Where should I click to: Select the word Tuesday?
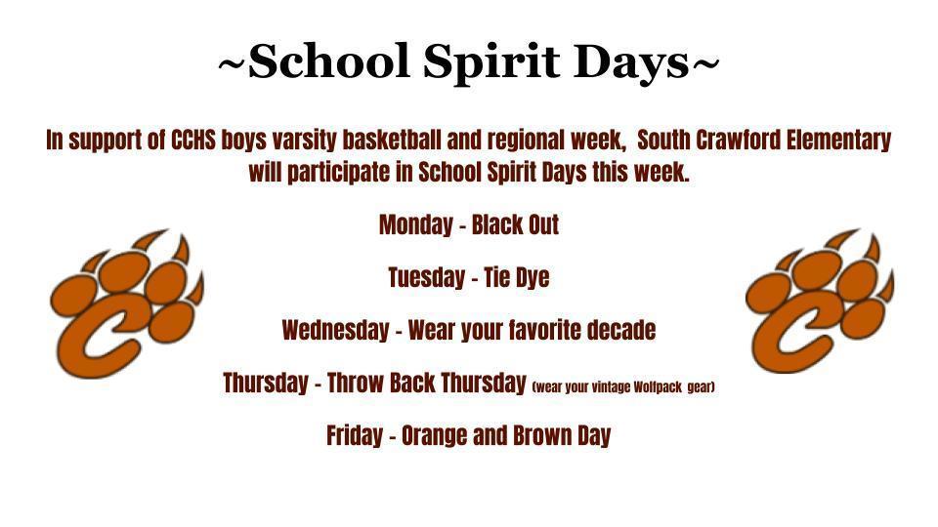tap(425, 278)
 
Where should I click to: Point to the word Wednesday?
tap(334, 331)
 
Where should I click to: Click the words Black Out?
tap(515, 225)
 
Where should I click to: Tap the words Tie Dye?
tap(516, 278)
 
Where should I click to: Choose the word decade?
tap(620, 331)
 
